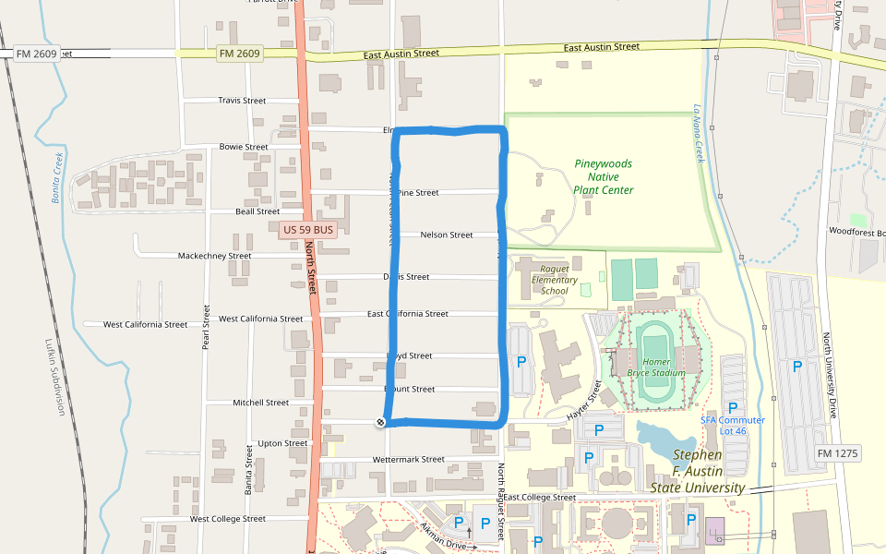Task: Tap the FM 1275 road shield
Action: point(837,454)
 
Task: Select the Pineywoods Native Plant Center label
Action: point(604,176)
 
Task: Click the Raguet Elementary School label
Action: point(554,280)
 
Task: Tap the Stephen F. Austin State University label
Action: point(697,471)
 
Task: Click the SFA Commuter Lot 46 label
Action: point(732,426)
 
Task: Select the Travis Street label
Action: point(242,101)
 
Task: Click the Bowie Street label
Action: point(244,147)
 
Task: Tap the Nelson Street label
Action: point(446,235)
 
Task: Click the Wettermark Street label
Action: point(408,459)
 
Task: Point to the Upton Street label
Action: point(282,443)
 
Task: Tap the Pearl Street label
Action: point(207,328)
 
